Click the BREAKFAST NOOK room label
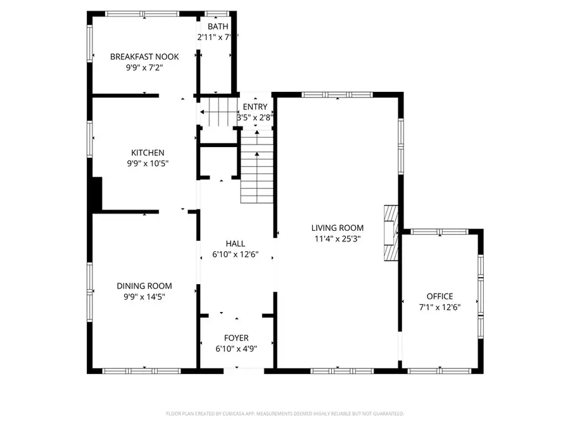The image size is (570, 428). [144, 56]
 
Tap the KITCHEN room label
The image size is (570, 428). [148, 153]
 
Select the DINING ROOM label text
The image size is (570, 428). [144, 286]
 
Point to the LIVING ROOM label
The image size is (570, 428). [337, 228]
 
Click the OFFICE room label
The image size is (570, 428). [440, 296]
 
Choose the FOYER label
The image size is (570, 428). [237, 337]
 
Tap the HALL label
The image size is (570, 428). [236, 243]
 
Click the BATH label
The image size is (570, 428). [218, 27]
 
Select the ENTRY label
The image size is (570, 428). [255, 107]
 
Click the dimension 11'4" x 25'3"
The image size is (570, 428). [337, 238]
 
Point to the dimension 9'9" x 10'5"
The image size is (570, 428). [148, 164]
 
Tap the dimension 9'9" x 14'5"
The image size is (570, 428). [144, 297]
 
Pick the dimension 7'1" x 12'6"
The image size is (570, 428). [440, 307]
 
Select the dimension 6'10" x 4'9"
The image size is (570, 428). [237, 348]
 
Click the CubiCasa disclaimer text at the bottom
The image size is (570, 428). [285, 413]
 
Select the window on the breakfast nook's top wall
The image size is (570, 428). [142, 13]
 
